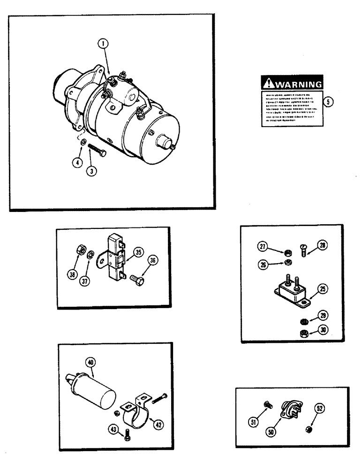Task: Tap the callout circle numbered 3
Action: coord(93,172)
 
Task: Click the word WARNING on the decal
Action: coord(297,84)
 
